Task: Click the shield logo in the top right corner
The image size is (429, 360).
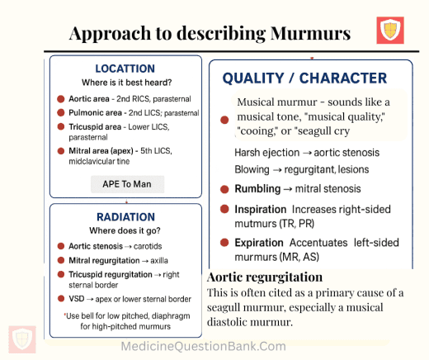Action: click(390, 31)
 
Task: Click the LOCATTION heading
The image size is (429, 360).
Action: click(125, 69)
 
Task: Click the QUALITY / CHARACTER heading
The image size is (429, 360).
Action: click(304, 78)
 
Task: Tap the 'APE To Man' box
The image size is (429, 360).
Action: click(127, 184)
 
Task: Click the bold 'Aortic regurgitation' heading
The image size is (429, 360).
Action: click(265, 277)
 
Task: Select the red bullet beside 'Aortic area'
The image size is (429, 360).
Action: click(61, 98)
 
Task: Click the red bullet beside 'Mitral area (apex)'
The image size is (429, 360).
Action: click(61, 151)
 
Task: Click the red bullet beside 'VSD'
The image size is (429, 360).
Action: click(61, 298)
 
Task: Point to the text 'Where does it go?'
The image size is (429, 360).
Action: click(126, 230)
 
